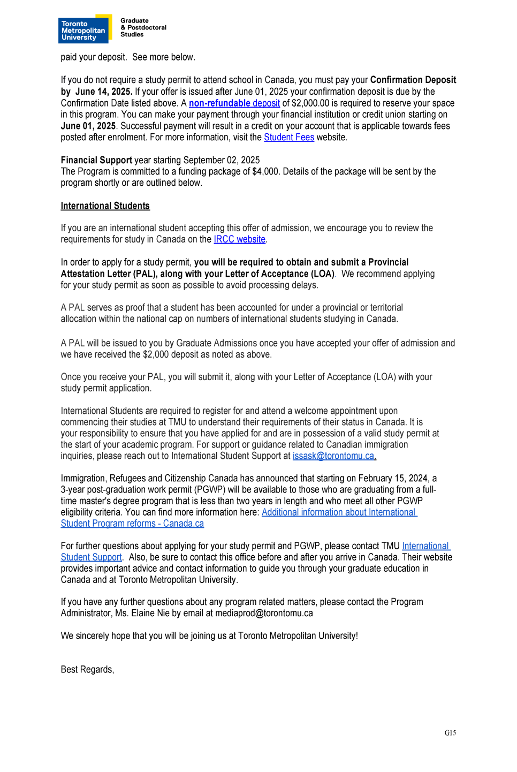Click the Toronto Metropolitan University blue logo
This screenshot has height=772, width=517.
83,30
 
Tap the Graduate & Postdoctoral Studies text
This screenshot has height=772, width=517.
143,28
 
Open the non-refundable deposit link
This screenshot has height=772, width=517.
234,103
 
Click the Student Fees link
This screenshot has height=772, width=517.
289,138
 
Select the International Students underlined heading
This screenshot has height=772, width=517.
105,206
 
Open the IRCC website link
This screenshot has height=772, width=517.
239,239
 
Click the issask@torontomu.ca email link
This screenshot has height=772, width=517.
334,456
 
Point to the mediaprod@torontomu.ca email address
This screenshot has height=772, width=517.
264,614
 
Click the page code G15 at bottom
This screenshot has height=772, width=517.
450,733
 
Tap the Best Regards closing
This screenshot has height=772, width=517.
87,670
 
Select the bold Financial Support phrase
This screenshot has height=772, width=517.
96,160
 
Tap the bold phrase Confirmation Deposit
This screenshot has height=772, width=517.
413,80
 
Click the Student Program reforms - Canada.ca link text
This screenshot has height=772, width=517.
132,524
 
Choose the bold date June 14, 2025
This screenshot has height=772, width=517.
103,92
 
